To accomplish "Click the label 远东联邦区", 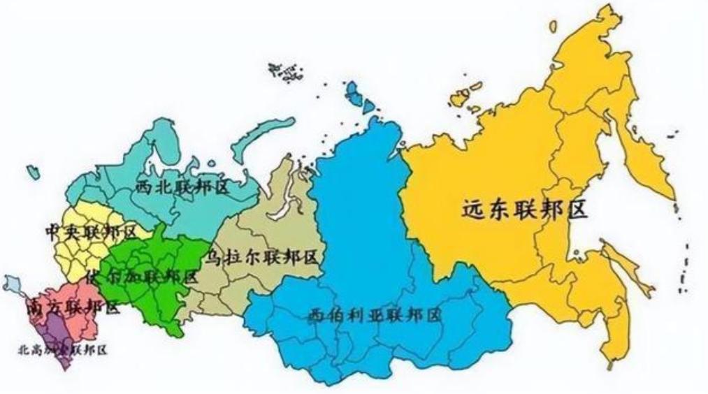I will click(524, 209).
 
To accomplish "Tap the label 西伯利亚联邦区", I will click(375, 315).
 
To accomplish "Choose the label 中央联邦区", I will click(90, 231).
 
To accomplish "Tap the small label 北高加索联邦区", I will click(62, 349).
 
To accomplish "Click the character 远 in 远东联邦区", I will click(474, 209).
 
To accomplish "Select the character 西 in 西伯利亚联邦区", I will click(316, 315).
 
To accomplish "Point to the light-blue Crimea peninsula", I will click(13, 283).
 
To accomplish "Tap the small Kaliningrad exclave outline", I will click(32, 170).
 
